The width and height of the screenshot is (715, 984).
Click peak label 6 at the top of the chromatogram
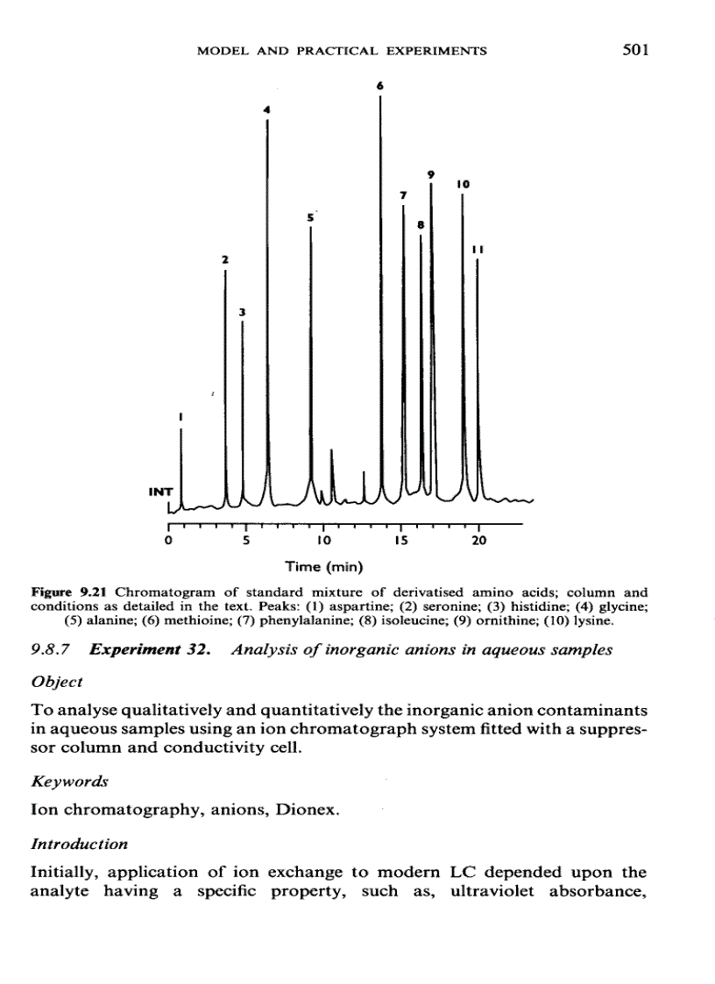click(380, 86)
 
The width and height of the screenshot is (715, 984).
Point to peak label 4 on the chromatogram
click(267, 110)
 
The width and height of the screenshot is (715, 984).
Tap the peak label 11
click(478, 249)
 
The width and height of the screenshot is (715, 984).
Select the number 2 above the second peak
click(224, 259)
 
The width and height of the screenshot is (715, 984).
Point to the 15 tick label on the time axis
click(400, 541)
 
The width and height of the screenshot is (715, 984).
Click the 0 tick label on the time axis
click(168, 541)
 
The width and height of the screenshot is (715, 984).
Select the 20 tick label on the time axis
click(478, 541)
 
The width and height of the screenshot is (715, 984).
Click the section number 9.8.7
click(54, 650)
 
